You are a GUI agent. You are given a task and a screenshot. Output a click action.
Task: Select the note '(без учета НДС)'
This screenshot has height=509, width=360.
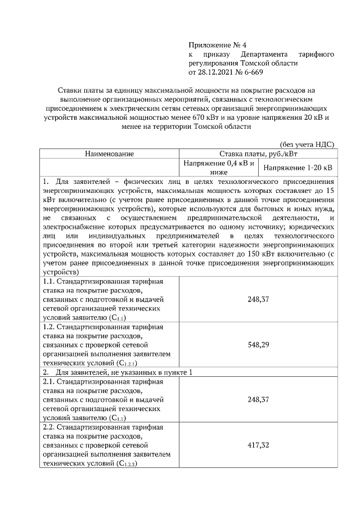307,144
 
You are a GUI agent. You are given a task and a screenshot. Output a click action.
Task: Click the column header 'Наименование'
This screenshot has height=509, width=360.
110,153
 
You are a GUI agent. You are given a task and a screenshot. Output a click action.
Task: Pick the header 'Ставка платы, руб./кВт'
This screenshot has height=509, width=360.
258,153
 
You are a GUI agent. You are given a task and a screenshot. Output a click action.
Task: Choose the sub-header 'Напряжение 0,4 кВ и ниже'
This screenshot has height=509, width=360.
218,167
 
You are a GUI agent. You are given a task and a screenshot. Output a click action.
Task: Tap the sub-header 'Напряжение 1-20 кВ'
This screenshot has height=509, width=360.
298,168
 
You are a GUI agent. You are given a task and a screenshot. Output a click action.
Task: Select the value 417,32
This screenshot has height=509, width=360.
258,445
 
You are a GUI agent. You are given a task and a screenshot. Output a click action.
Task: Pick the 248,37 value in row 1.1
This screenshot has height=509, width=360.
258,299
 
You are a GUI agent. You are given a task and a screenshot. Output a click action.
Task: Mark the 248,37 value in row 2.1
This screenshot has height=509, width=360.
258,399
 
